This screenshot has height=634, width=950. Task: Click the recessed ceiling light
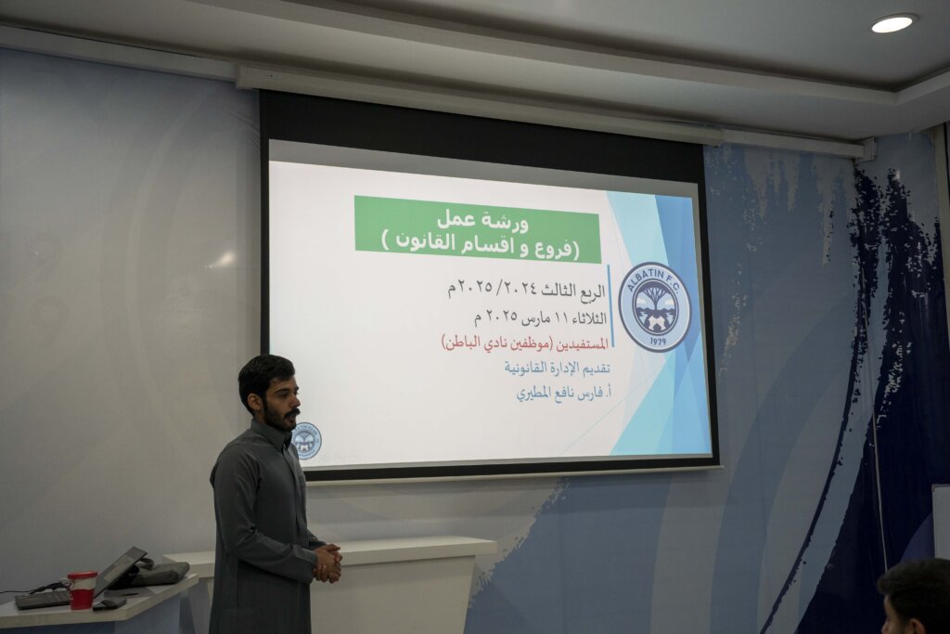(x=892, y=23)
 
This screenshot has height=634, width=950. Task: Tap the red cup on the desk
(x=82, y=589)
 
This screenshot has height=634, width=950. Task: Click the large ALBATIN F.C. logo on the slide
(x=654, y=307)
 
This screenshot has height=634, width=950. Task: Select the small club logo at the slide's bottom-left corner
(x=306, y=441)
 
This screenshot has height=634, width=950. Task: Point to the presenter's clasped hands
(x=327, y=563)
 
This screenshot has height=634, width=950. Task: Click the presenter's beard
(x=281, y=419)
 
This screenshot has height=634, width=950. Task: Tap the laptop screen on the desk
(x=120, y=570)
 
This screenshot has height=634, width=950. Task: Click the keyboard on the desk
(x=43, y=599)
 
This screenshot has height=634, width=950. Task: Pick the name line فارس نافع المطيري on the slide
(x=563, y=393)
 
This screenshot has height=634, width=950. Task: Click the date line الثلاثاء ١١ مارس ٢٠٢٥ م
(x=541, y=317)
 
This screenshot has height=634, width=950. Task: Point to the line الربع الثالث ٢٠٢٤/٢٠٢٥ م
(x=527, y=290)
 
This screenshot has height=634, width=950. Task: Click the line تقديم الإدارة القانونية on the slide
(x=557, y=368)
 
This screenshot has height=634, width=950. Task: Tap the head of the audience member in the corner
(x=916, y=597)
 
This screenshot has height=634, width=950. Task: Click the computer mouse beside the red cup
(x=109, y=602)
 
